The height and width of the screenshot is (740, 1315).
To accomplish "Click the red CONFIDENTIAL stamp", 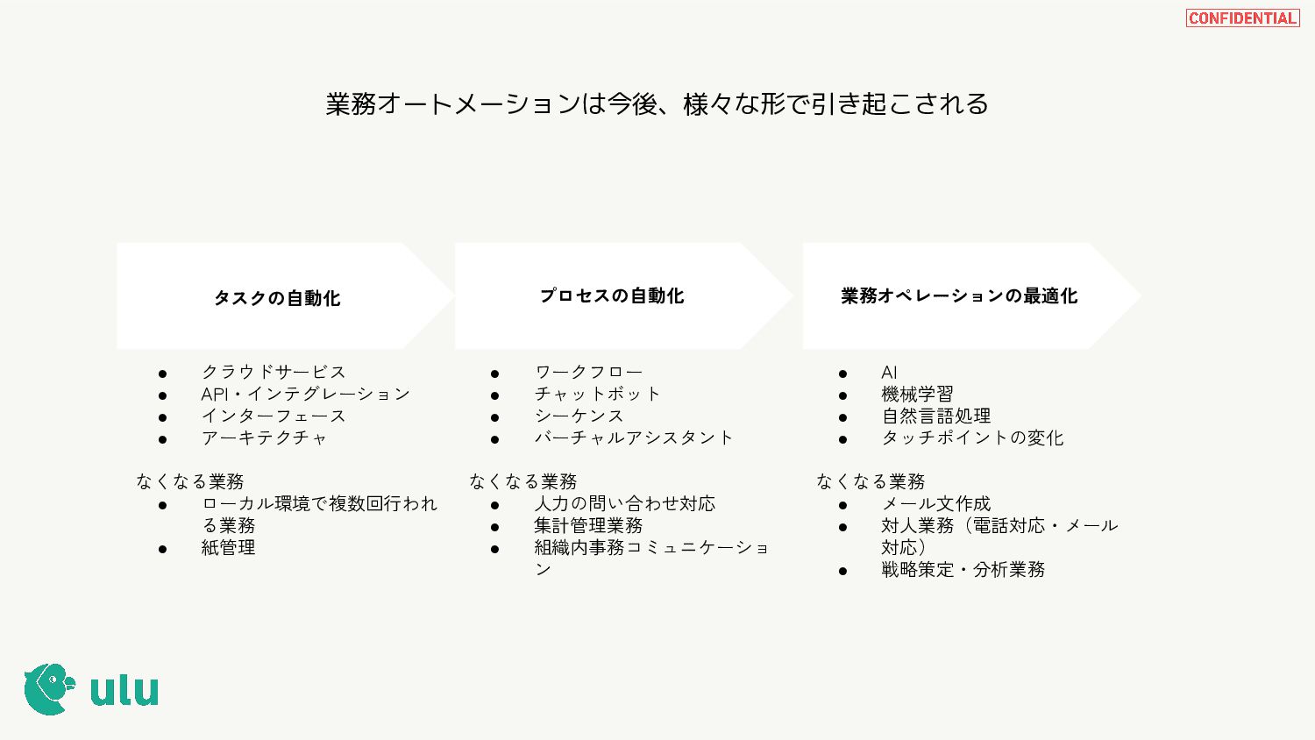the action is (1242, 18).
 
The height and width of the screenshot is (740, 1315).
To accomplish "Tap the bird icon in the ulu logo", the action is (49, 689).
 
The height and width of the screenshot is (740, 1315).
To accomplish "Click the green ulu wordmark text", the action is (124, 690).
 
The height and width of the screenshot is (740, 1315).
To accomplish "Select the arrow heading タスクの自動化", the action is (277, 298).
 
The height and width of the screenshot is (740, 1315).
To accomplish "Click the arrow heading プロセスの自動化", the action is (612, 296).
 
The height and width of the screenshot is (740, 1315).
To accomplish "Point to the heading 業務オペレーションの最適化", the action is (959, 296).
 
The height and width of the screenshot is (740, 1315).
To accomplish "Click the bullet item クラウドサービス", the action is (274, 372).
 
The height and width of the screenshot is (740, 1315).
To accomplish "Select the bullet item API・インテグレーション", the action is (305, 394).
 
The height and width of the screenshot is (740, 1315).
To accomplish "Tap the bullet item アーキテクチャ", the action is (264, 438).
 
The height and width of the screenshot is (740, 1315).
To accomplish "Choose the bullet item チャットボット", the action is (597, 394).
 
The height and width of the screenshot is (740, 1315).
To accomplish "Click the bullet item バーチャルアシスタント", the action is (633, 438).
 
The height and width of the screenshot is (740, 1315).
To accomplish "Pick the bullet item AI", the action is (889, 372).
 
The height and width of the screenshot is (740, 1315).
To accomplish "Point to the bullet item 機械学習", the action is (917, 394).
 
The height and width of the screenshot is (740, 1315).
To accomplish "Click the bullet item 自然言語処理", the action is (935, 416).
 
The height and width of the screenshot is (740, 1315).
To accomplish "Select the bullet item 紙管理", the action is (228, 547).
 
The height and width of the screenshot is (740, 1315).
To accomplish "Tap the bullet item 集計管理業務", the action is (588, 525).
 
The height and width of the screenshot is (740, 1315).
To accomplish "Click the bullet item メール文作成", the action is (935, 503).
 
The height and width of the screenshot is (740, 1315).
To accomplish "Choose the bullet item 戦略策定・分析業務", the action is (963, 569).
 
